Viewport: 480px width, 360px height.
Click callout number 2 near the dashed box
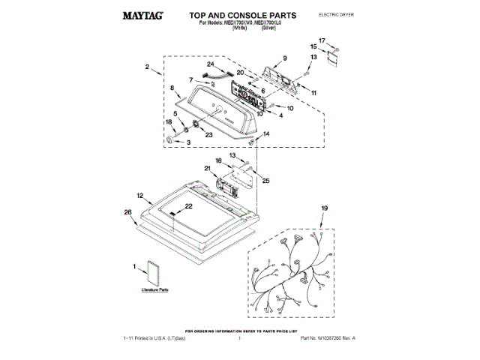click(148, 67)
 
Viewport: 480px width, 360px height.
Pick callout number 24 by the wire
click(211, 65)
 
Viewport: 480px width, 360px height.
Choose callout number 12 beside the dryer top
click(140, 195)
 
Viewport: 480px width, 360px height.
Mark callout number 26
click(128, 212)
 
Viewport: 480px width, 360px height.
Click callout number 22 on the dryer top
click(189, 205)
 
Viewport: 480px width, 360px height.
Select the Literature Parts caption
click(154, 289)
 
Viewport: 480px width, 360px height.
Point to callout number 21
click(208, 168)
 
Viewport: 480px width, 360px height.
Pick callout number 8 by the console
click(173, 88)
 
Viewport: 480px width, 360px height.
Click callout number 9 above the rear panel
click(284, 58)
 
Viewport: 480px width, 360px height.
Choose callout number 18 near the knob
click(169, 122)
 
